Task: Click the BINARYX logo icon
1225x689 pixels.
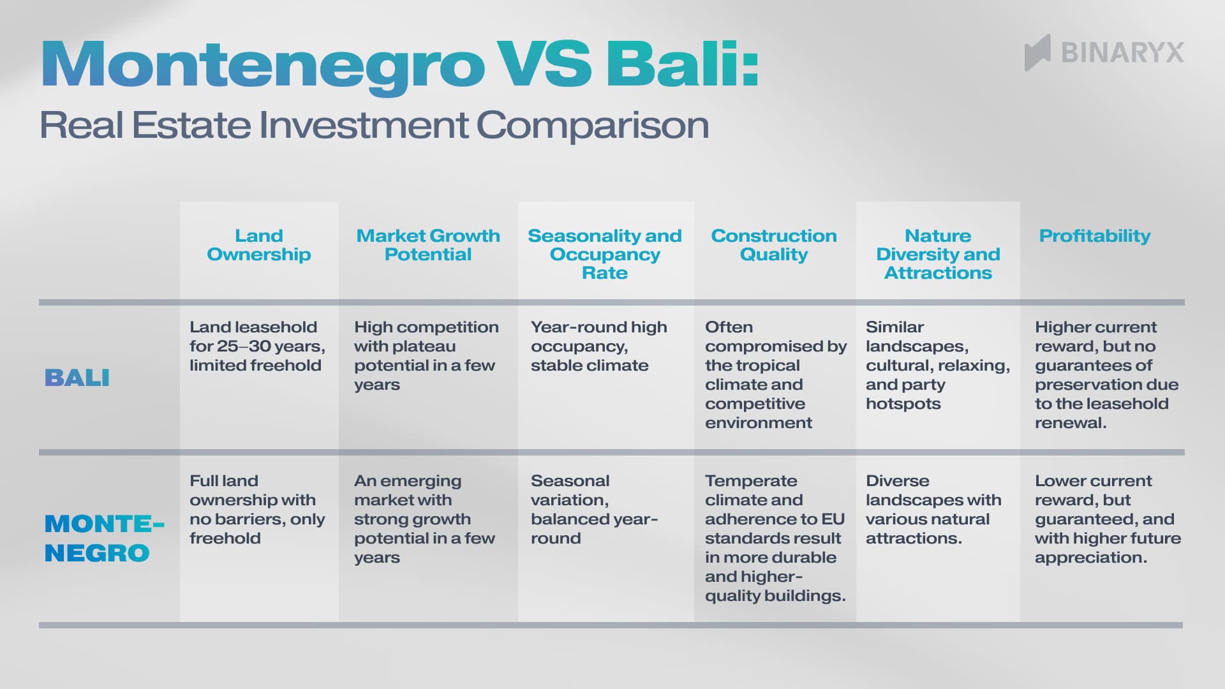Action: [1037, 52]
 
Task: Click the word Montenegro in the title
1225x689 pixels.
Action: [262, 66]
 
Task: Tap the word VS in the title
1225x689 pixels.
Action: [544, 64]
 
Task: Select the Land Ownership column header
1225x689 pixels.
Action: [258, 245]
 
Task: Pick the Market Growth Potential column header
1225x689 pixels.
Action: [427, 245]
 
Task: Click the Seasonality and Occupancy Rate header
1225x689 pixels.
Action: [605, 254]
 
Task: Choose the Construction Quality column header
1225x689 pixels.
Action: [773, 245]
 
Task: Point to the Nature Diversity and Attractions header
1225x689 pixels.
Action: [938, 254]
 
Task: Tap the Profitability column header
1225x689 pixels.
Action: [1094, 236]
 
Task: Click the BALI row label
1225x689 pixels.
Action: [77, 378]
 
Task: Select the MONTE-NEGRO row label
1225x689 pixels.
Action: [102, 538]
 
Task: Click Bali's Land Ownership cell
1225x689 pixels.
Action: [257, 346]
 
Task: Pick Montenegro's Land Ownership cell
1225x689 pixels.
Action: [257, 509]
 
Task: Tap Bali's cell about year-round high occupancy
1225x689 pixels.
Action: [598, 346]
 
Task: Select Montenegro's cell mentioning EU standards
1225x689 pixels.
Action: [775, 538]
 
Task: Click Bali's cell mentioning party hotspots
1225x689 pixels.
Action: [937, 365]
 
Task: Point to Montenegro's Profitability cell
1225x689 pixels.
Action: [1107, 519]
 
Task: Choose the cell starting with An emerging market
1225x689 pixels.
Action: [424, 519]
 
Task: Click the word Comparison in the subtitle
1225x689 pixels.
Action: [593, 125]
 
